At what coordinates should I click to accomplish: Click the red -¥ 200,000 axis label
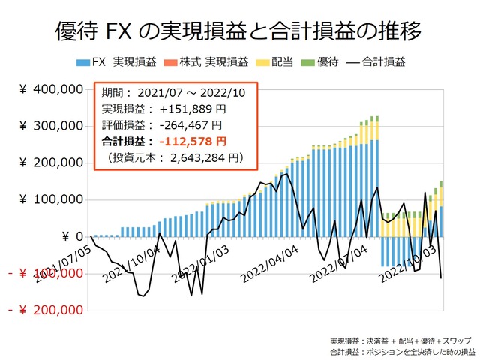[x=45, y=310]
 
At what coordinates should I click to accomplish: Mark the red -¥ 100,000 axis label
[x=45, y=273]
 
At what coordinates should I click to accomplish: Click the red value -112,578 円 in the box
[x=191, y=141]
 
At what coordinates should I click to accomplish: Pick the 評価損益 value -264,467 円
[x=190, y=125]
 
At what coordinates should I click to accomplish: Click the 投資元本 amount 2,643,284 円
[x=203, y=157]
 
